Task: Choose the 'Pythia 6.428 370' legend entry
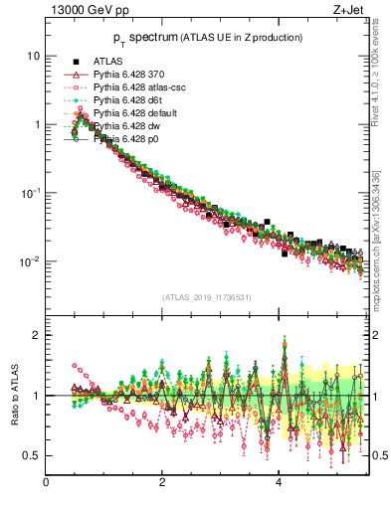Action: (x=129, y=75)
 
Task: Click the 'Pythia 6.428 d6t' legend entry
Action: (x=129, y=100)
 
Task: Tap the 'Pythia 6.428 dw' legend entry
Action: (x=128, y=126)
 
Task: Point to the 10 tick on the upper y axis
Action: (x=33, y=57)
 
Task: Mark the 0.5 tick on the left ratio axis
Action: (x=33, y=455)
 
